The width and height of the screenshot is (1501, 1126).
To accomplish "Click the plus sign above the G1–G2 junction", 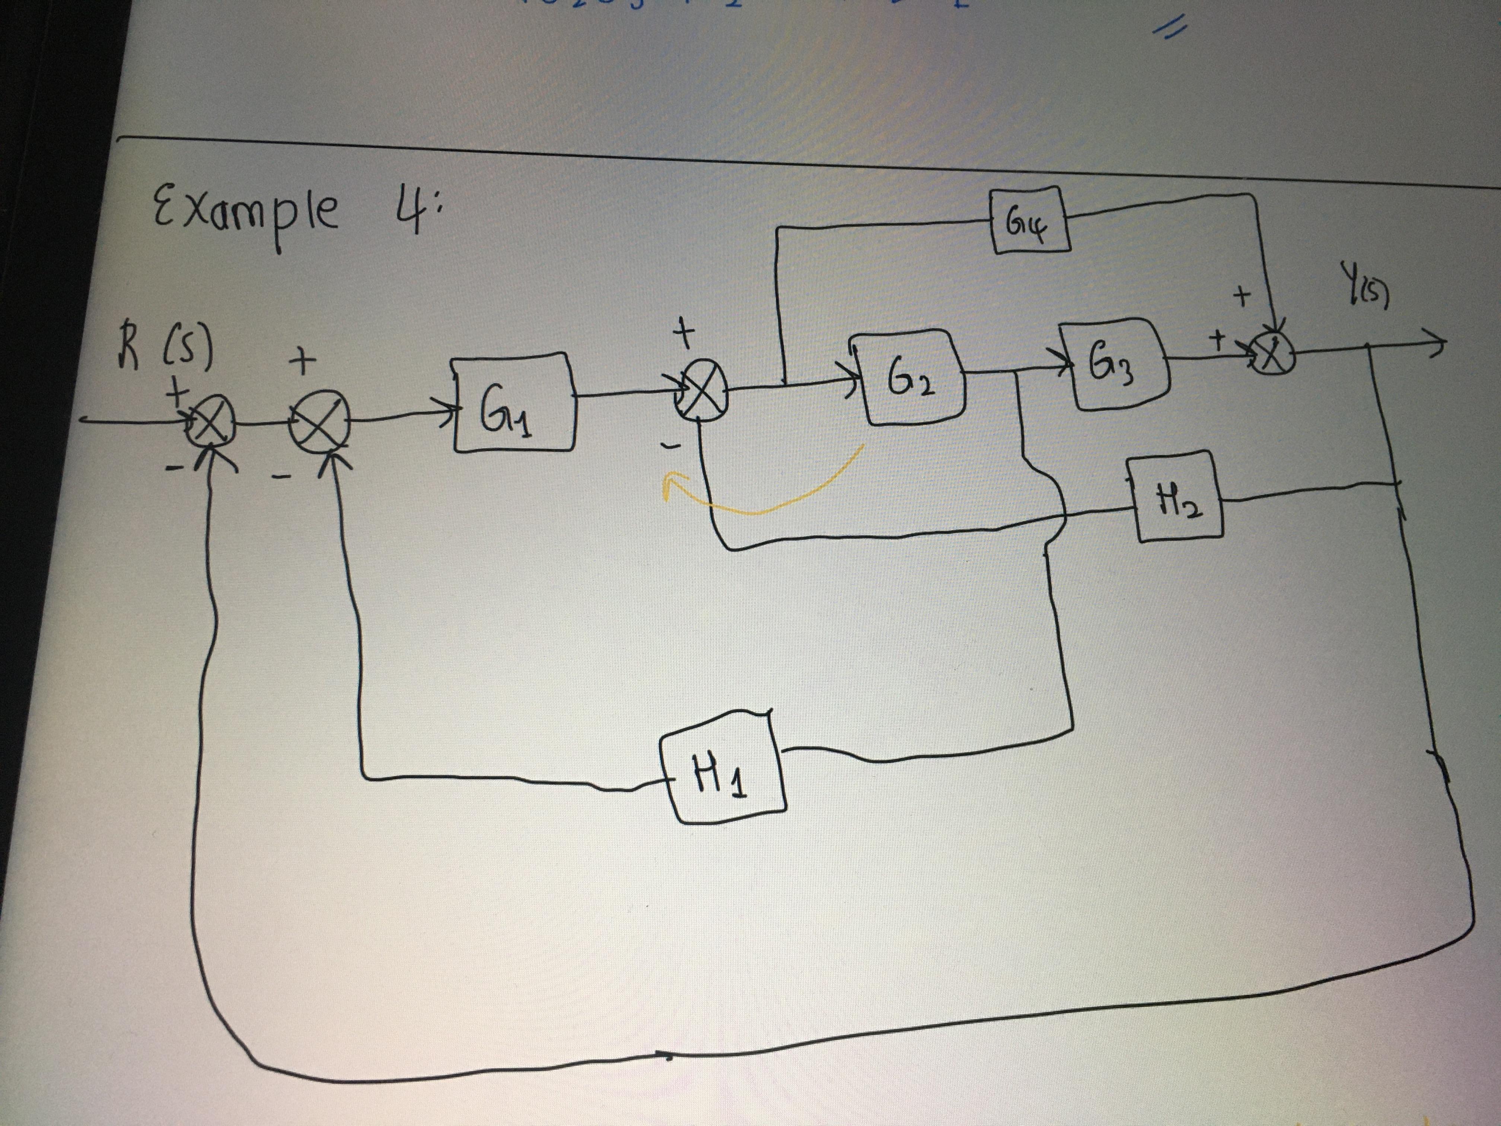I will point(684,331).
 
